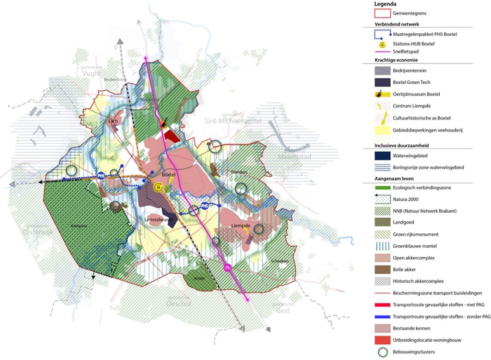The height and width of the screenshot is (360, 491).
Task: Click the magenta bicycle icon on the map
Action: click(227, 267)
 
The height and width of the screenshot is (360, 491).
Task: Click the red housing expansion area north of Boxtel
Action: click(172, 135)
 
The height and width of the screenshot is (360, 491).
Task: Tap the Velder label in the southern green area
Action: click(199, 279)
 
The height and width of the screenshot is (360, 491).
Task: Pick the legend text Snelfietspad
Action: click(406, 52)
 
